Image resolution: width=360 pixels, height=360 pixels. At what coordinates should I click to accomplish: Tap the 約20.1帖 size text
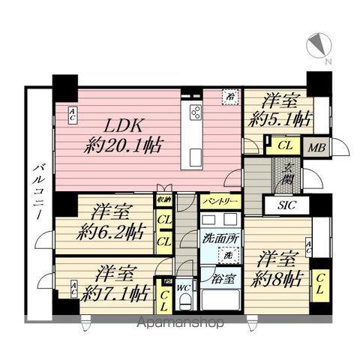click(x=124, y=145)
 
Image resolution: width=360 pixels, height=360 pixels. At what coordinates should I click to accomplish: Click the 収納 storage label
click(x=163, y=200)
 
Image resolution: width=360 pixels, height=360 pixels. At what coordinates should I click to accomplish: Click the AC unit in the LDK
click(x=71, y=115)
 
